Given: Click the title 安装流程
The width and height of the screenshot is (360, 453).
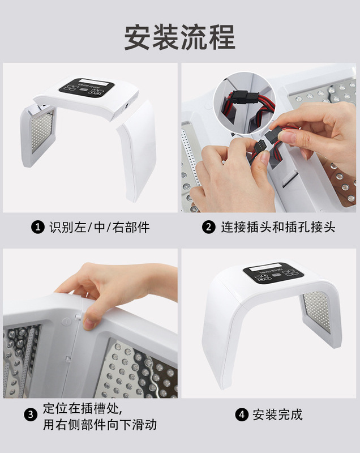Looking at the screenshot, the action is (179, 37).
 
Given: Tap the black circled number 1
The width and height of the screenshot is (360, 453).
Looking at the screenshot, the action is (38, 228).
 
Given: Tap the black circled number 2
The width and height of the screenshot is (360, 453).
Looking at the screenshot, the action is (209, 228).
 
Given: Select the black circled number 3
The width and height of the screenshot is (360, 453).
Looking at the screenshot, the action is (31, 415).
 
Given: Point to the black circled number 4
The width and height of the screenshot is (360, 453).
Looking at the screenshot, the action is (242, 414).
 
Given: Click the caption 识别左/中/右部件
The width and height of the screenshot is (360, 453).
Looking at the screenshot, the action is (100, 228).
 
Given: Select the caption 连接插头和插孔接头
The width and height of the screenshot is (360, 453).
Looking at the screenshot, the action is (278, 228).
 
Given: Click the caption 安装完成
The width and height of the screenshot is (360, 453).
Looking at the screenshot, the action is (277, 414).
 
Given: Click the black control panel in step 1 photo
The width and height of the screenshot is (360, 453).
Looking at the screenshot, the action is (87, 87).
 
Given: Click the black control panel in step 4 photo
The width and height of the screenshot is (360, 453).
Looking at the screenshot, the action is (273, 273).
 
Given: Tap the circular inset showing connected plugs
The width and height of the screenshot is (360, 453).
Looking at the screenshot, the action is (245, 103).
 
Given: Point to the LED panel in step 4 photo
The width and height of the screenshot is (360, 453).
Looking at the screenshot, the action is (316, 311).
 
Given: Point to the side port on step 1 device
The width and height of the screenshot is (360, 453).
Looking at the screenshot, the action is (126, 106).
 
